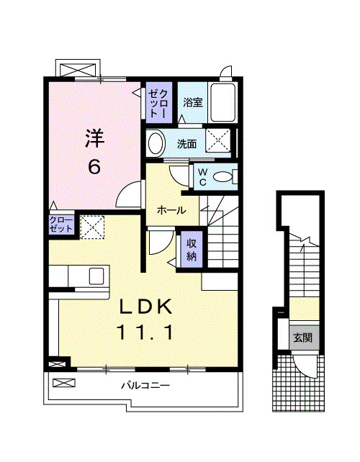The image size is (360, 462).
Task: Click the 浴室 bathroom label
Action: [x=193, y=102]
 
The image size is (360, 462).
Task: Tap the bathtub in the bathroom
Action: [x=222, y=102]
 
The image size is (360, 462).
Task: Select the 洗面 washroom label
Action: [x=186, y=144]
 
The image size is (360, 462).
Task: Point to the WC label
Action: [x=202, y=177]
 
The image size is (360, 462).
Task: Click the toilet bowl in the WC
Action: [x=222, y=177]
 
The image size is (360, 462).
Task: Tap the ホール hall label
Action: [x=171, y=210]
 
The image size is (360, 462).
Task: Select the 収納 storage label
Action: [x=192, y=250]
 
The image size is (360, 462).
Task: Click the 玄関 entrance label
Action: [x=303, y=338]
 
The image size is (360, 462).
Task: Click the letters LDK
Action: [x=145, y=307]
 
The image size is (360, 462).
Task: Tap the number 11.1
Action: [x=145, y=332]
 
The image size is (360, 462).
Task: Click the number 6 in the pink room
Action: [x=94, y=167]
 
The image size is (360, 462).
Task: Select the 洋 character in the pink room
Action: [x=94, y=138]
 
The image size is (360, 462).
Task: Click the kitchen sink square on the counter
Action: [x=96, y=276]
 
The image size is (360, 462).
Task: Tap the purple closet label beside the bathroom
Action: [x=159, y=103]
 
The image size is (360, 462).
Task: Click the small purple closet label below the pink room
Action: [x=61, y=225]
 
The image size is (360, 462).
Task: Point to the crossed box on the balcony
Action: [x=64, y=383]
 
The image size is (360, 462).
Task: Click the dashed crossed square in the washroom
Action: [x=218, y=140]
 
